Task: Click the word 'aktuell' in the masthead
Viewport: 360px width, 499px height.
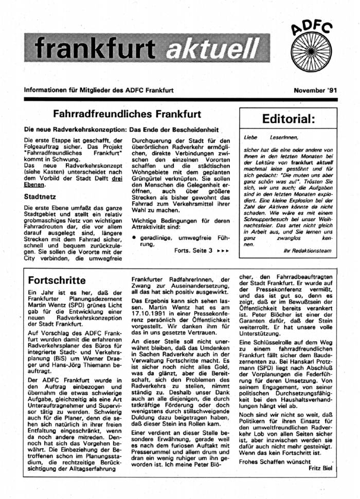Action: (x=213, y=48)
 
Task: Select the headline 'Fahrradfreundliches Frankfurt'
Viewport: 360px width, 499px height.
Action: (x=127, y=114)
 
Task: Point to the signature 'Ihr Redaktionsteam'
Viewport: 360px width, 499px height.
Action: (x=307, y=251)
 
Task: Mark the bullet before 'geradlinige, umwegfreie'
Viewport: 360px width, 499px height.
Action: (x=134, y=238)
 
